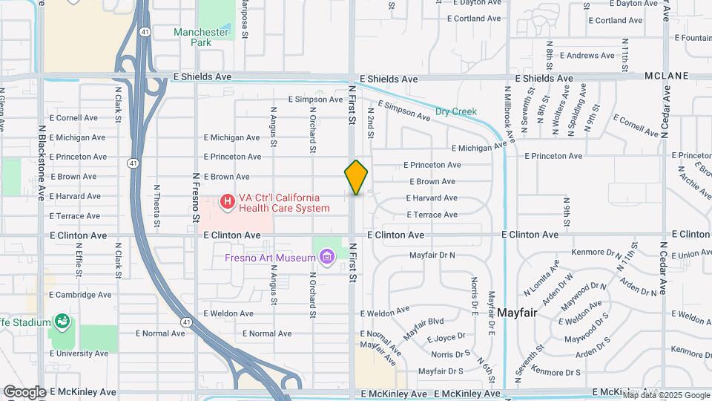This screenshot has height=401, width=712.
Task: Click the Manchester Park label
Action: [201, 37]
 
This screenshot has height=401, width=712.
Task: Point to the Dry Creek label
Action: [455, 111]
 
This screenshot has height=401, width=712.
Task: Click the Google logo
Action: [24, 391]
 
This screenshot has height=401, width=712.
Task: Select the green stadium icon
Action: [63, 322]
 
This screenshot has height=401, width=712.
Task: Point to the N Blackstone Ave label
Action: [42, 167]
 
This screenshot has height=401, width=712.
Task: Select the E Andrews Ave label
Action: [587, 55]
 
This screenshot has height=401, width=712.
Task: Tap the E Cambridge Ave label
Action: [80, 295]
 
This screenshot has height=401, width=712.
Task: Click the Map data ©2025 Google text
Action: [666, 394]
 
